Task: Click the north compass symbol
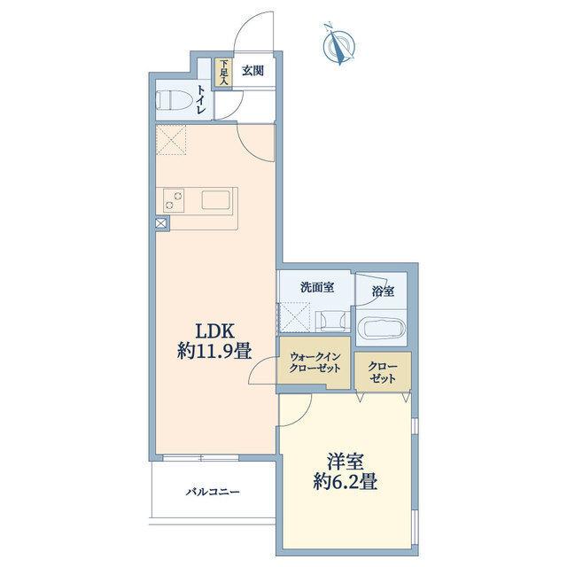tap(338, 44)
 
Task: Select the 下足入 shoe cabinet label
tap(224, 73)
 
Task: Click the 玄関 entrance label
tap(252, 71)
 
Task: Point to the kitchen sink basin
tap(216, 200)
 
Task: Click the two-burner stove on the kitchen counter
tap(174, 201)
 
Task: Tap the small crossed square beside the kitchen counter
tap(161, 223)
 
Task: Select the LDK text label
tap(215, 330)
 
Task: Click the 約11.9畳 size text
tap(214, 351)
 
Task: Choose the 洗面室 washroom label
tap(317, 287)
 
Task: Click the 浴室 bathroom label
tap(383, 291)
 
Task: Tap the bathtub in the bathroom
tap(382, 328)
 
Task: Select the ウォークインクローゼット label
tap(315, 362)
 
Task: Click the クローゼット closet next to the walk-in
tap(383, 373)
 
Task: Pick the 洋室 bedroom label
tap(346, 461)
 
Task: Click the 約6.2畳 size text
tap(346, 482)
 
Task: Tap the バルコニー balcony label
tap(213, 493)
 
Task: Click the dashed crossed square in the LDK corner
tap(171, 140)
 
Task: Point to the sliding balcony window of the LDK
tap(201, 458)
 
